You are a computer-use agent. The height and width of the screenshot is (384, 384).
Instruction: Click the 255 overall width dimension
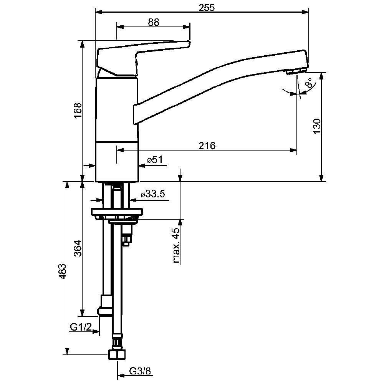pyautogui.click(x=207, y=8)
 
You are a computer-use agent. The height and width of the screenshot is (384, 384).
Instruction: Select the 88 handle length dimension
pyautogui.click(x=154, y=22)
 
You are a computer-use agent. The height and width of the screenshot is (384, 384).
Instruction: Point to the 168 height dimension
pyautogui.click(x=78, y=110)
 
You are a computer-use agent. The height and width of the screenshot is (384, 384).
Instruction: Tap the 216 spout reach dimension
pyautogui.click(x=207, y=146)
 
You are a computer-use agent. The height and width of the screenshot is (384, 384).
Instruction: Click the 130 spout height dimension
pyautogui.click(x=317, y=126)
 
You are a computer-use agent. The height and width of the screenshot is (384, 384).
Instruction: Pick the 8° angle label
pyautogui.click(x=309, y=83)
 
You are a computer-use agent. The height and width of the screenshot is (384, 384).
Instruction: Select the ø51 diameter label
pyautogui.click(x=155, y=160)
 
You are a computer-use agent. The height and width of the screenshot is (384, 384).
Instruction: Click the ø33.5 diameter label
pyautogui.click(x=153, y=194)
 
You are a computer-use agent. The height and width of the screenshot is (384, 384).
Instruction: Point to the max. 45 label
pyautogui.click(x=176, y=245)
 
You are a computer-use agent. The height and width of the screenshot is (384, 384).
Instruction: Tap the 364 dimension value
pyautogui.click(x=78, y=248)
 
